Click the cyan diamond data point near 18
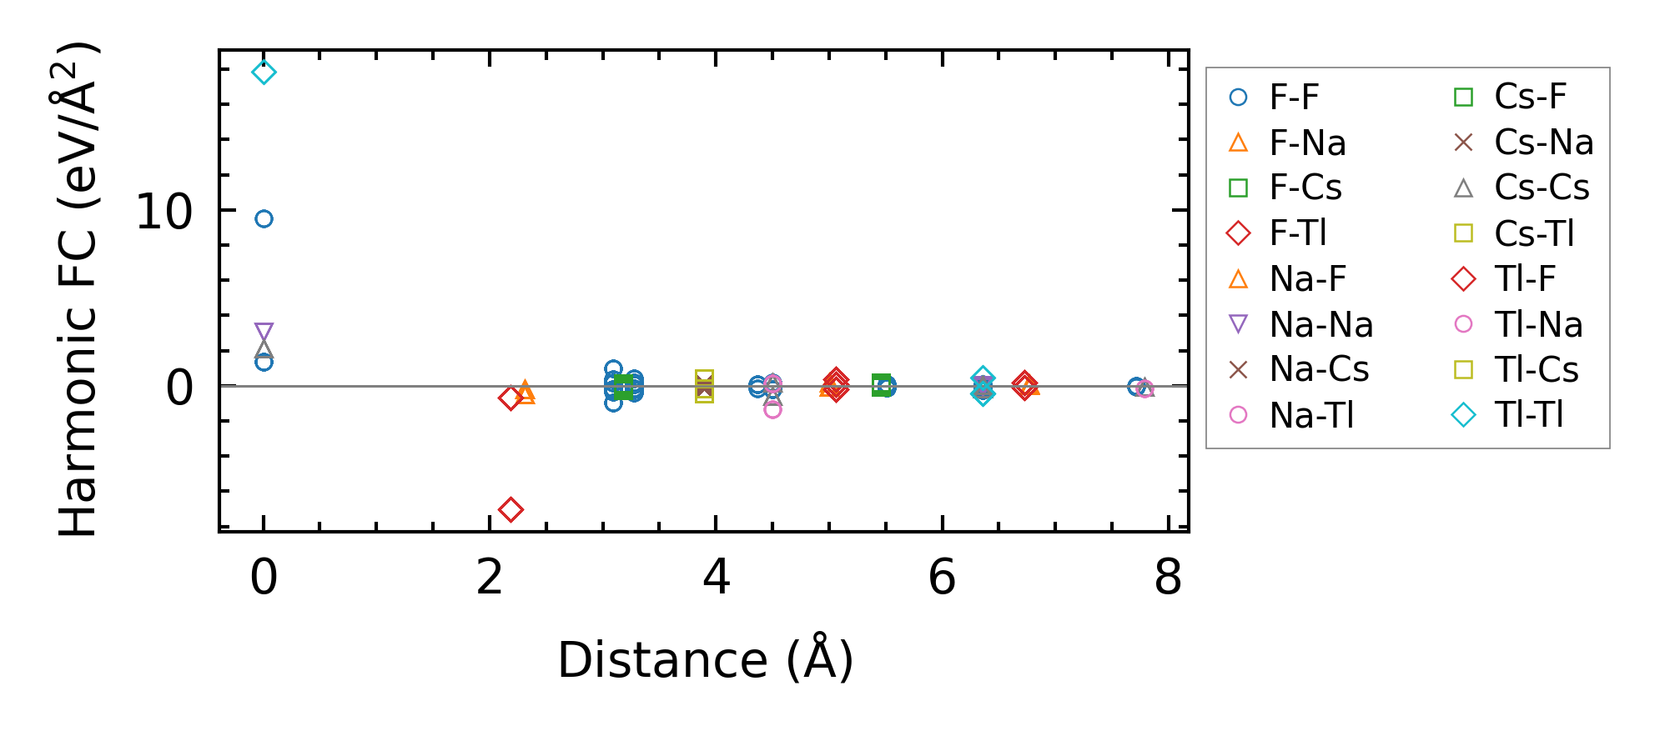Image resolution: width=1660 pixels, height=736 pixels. click(264, 73)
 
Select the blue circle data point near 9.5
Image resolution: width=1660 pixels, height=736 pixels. click(264, 219)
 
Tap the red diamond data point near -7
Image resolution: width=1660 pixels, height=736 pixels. click(511, 509)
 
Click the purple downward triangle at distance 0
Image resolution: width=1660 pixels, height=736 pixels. click(264, 332)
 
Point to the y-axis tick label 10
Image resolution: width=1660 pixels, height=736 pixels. click(163, 212)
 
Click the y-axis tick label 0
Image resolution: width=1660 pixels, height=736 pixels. click(179, 388)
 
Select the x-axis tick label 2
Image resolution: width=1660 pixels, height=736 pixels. click(490, 577)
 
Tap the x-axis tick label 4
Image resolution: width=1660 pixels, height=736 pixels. click(716, 577)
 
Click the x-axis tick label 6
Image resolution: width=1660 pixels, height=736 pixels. click(942, 577)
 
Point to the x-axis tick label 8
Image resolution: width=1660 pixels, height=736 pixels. click(1168, 577)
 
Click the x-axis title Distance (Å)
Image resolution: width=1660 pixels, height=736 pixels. click(705, 660)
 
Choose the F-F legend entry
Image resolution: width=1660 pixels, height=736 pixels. click(1294, 98)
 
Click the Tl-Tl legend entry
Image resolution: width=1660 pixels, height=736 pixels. click(1529, 415)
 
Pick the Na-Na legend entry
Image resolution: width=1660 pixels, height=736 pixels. click(1320, 324)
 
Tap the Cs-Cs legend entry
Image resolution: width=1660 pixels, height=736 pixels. click(1542, 188)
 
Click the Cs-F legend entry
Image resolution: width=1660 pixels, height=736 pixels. click(1530, 98)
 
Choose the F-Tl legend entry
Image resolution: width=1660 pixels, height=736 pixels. click(1298, 233)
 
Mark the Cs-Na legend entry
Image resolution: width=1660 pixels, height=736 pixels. click(1543, 143)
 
